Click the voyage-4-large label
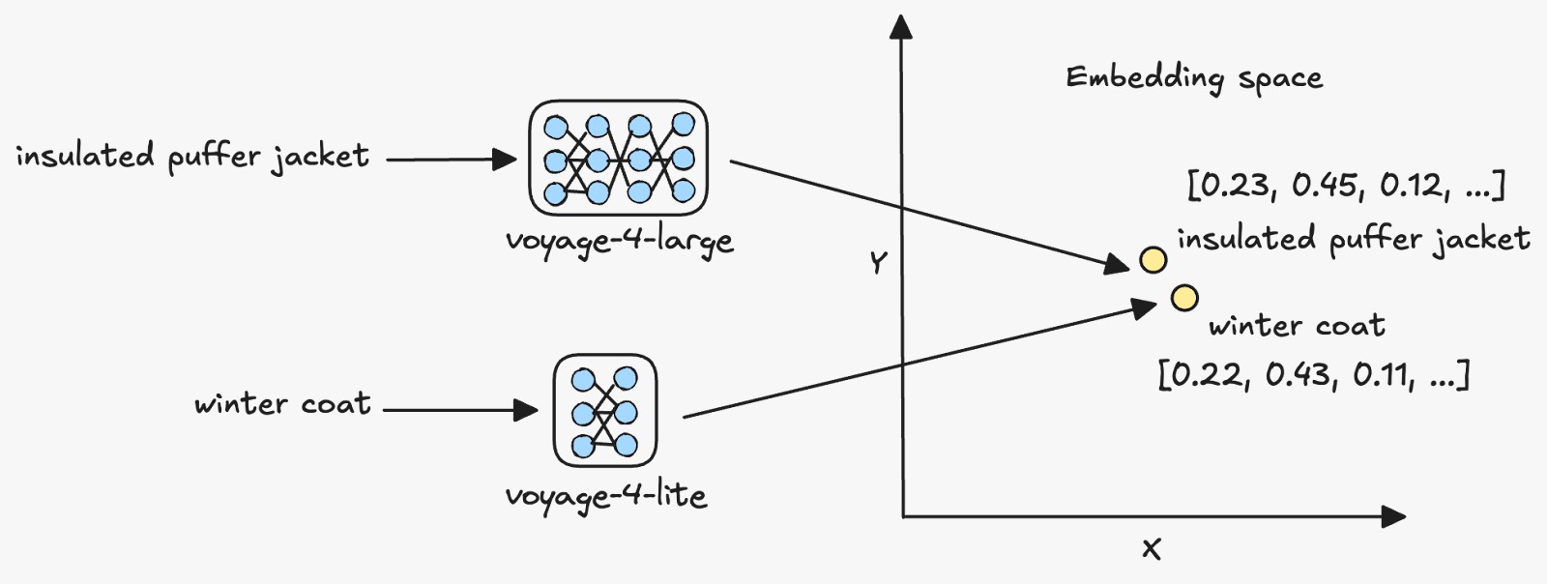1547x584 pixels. (x=619, y=241)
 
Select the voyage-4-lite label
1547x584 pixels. (x=605, y=497)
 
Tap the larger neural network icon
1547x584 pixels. (x=618, y=158)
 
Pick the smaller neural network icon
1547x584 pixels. (x=605, y=411)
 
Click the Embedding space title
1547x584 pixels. (x=1194, y=78)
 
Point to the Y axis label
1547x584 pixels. (x=878, y=262)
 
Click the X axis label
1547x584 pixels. (x=1151, y=550)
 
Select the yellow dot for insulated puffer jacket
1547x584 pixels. (x=1153, y=259)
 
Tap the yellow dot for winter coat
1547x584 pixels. (x=1184, y=298)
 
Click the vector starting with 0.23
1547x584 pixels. (x=1346, y=185)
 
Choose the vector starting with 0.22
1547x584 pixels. (x=1313, y=374)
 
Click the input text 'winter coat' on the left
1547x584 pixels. (x=282, y=403)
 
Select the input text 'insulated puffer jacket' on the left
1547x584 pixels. (x=192, y=156)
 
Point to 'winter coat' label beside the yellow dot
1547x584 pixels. (x=1297, y=326)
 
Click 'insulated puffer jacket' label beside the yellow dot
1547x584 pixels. (x=1353, y=239)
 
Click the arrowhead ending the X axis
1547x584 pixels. (x=1393, y=516)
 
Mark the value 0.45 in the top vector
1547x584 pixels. (x=1324, y=185)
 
